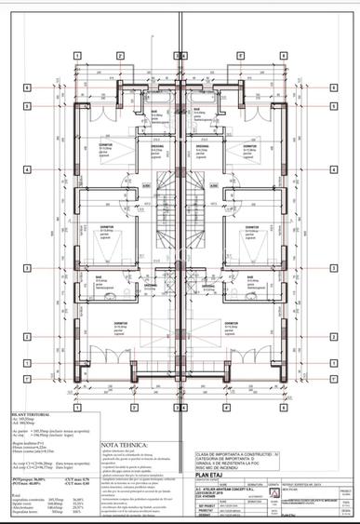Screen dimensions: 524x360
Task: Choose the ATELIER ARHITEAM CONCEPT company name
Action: click(x=227, y=488)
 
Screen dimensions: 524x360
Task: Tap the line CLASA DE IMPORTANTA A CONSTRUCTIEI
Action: click(x=232, y=453)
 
